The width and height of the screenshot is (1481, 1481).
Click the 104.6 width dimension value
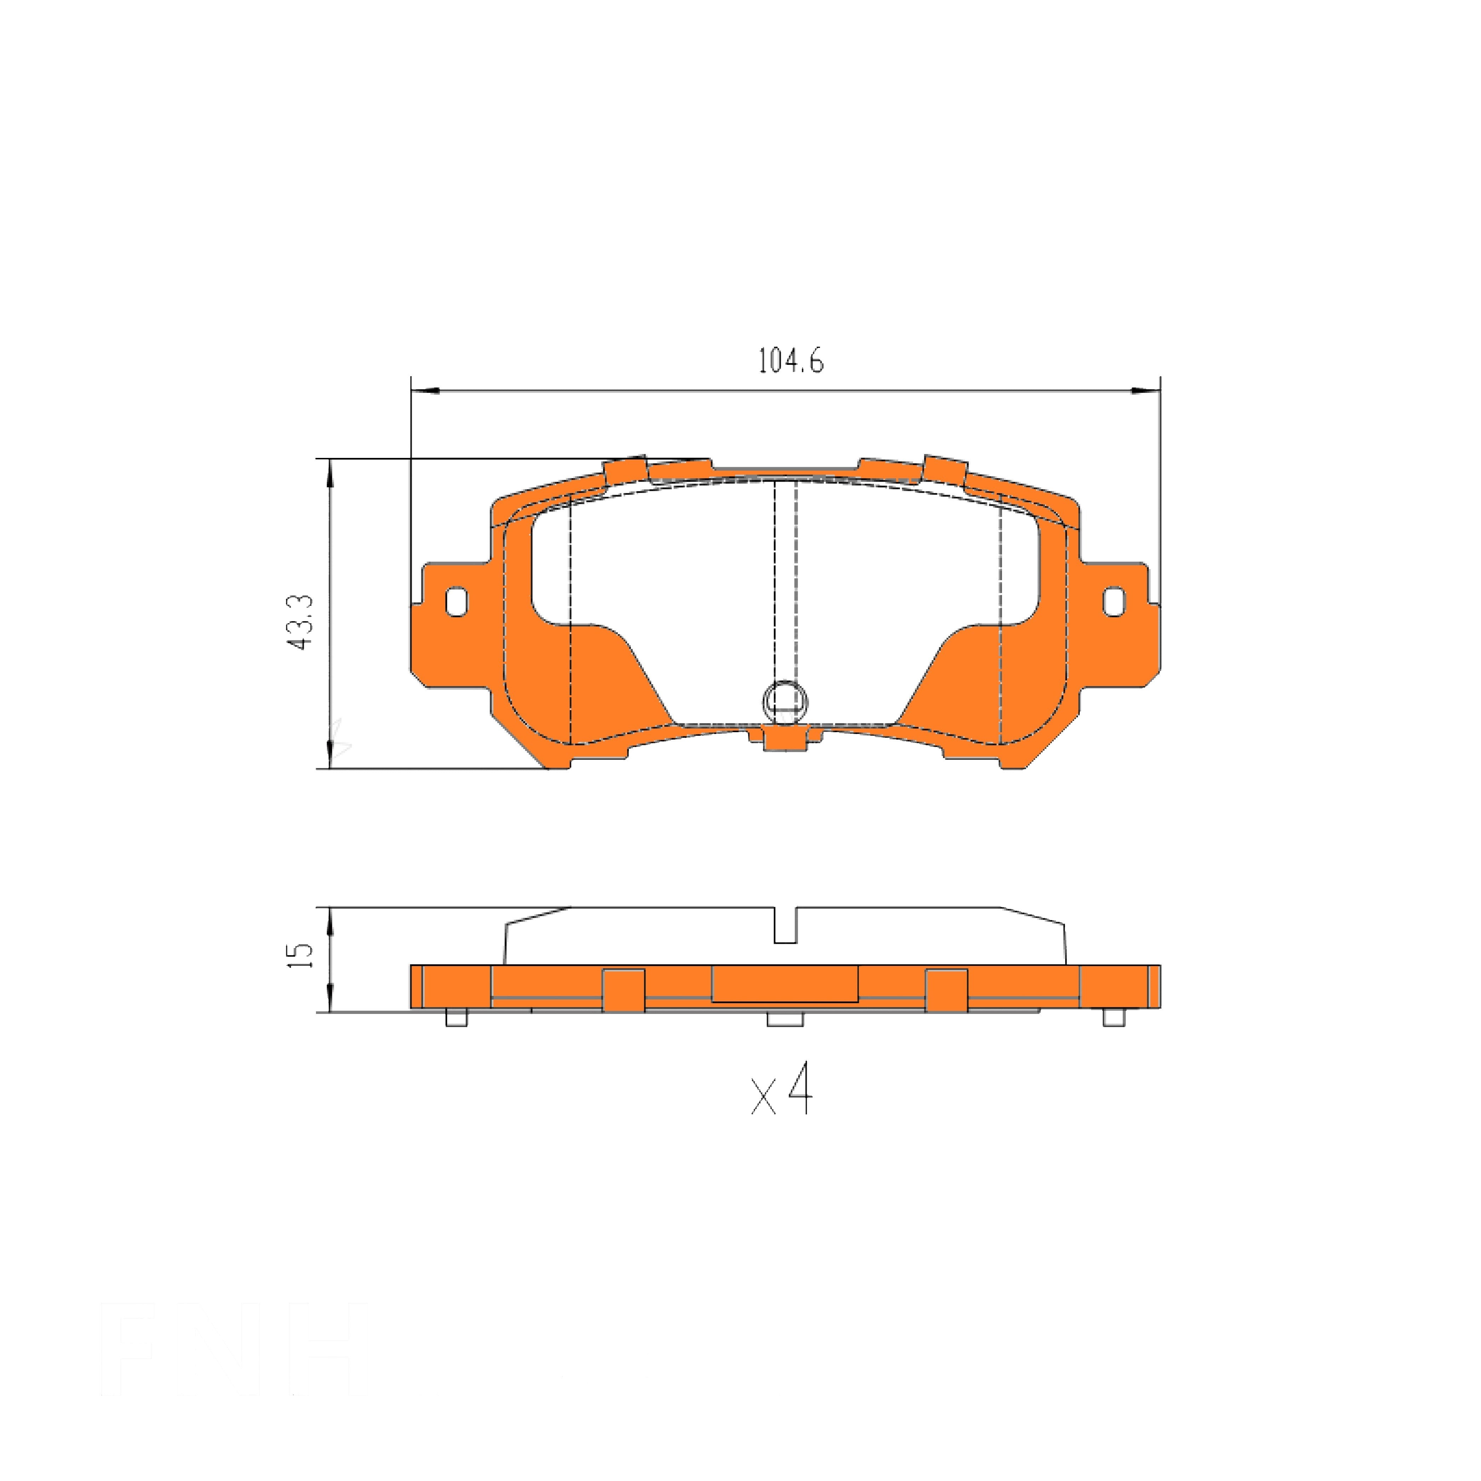click(x=790, y=360)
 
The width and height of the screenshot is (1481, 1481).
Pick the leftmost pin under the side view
click(x=456, y=1018)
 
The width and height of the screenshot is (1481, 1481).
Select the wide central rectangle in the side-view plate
click(x=784, y=983)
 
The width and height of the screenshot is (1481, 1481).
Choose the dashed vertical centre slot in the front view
click(x=785, y=582)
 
